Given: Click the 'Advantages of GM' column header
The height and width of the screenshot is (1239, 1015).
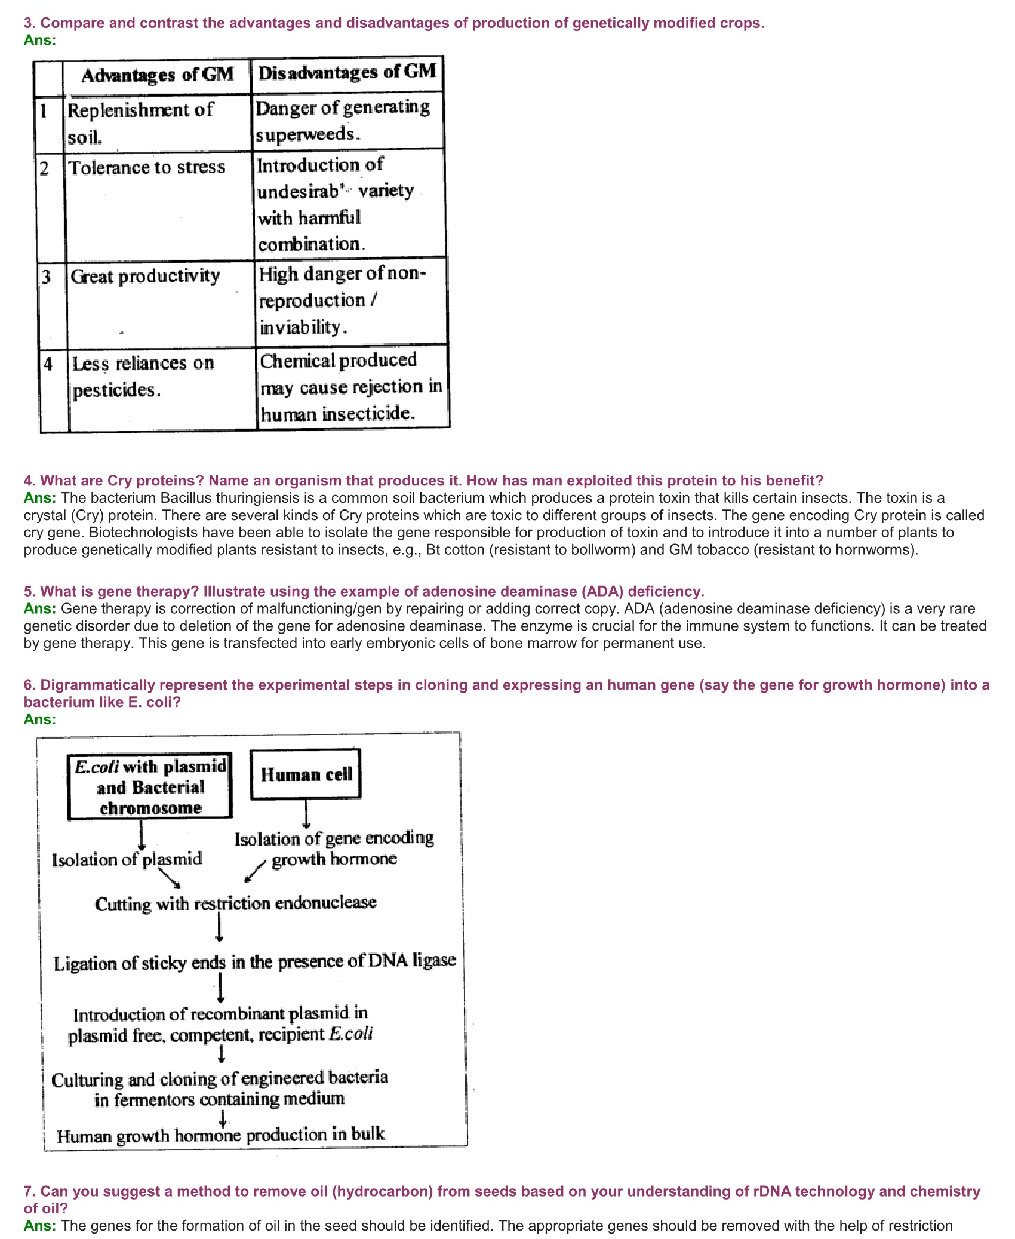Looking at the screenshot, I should pyautogui.click(x=158, y=75).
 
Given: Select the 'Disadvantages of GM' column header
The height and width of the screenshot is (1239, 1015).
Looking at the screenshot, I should pyautogui.click(x=347, y=73).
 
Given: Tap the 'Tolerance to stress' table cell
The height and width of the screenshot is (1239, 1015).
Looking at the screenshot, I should pyautogui.click(x=147, y=168).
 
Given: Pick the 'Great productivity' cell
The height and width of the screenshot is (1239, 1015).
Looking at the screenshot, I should pyautogui.click(x=146, y=276).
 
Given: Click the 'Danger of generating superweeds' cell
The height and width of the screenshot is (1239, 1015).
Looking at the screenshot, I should pyautogui.click(x=343, y=121).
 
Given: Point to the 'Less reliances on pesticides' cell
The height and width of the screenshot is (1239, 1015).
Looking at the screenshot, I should pyautogui.click(x=143, y=377).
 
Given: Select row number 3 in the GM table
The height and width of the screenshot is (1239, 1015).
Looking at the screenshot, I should pyautogui.click(x=47, y=277).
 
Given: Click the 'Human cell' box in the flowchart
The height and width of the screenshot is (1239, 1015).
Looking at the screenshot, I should pyautogui.click(x=306, y=774).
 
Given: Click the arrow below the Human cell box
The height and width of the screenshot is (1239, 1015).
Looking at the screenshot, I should pyautogui.click(x=306, y=814).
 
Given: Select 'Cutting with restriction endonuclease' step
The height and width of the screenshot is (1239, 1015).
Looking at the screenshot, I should pyautogui.click(x=235, y=903).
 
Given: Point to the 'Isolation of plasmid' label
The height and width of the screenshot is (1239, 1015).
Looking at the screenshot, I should pyautogui.click(x=127, y=860).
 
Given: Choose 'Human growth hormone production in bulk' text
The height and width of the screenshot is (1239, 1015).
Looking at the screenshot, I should pyautogui.click(x=220, y=1135).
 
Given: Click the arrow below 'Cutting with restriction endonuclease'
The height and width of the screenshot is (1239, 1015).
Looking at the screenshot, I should pyautogui.click(x=219, y=929).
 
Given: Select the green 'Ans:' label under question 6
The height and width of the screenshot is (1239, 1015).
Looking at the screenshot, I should pyautogui.click(x=40, y=720).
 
